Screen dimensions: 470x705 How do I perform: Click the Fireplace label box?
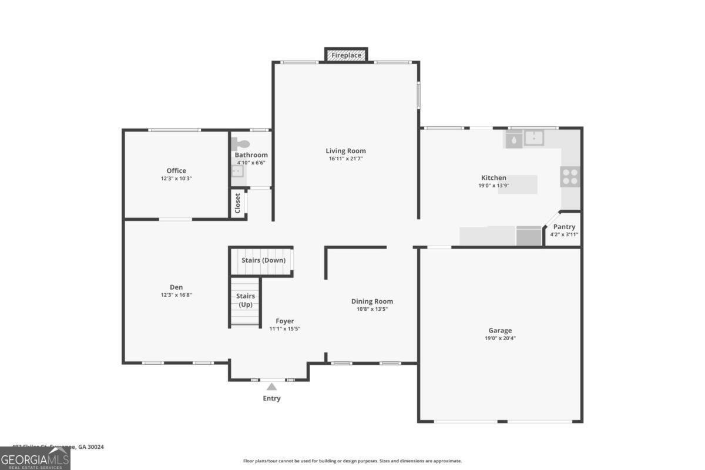pos(346,55)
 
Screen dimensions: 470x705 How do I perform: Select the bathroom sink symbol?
pos(237,171)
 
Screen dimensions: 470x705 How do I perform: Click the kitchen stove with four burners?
pos(569,177)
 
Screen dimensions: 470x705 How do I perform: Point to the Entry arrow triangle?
pos(271,387)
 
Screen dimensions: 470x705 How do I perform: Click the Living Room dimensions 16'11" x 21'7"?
pos(346,159)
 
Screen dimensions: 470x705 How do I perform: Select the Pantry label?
pos(564,227)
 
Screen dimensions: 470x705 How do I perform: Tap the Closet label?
pos(238,203)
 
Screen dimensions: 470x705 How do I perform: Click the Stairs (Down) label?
pos(263,260)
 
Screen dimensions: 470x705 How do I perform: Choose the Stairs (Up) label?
pos(245,300)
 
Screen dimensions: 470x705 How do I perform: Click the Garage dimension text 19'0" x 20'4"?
pos(500,338)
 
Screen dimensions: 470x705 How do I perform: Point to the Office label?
pos(176,171)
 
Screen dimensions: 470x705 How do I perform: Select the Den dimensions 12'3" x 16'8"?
pos(176,295)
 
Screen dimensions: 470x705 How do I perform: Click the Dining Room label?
pos(372,301)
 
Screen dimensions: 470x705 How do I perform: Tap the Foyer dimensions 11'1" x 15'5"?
pos(285,329)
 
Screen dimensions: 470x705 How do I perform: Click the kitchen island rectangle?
pos(518,184)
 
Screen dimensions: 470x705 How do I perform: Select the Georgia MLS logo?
pos(35,458)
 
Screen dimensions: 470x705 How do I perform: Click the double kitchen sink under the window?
pos(534,138)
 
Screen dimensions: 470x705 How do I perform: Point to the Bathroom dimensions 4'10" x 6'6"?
pos(251,163)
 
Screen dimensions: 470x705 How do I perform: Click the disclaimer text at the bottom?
pos(352,461)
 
